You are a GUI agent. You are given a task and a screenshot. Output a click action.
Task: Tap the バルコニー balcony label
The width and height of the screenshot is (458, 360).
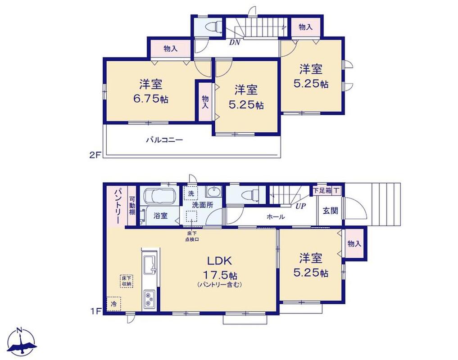[x=164, y=140]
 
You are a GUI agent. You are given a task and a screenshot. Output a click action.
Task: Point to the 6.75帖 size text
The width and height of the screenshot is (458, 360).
[x=150, y=99]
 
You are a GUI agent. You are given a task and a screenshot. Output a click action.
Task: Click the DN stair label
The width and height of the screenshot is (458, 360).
[x=235, y=42]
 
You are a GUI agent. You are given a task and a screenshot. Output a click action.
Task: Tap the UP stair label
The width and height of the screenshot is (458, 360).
[x=300, y=206]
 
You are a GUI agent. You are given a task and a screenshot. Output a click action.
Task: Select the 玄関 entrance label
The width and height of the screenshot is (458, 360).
[x=331, y=211]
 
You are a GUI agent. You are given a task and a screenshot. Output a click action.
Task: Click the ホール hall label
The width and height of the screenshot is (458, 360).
[x=276, y=216]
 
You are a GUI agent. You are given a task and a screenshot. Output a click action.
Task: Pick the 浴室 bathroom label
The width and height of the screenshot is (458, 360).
[x=160, y=216]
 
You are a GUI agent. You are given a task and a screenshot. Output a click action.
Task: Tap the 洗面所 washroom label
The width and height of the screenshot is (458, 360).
[x=202, y=205]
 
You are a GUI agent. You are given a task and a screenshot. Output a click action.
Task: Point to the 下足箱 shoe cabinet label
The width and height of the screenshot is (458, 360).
[x=322, y=191]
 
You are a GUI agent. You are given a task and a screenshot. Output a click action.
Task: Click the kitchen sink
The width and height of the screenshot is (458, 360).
[x=150, y=264]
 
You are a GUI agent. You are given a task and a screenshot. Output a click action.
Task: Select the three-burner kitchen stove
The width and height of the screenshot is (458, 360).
[x=150, y=300]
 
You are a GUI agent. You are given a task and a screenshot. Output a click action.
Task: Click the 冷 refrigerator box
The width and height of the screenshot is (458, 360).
[x=113, y=304]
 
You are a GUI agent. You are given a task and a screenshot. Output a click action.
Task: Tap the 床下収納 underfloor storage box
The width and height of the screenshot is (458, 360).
[x=127, y=281]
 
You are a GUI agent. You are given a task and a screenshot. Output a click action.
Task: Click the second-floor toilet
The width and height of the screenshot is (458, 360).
[x=212, y=27]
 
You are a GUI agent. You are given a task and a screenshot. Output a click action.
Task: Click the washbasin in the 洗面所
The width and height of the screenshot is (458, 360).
[x=213, y=193]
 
